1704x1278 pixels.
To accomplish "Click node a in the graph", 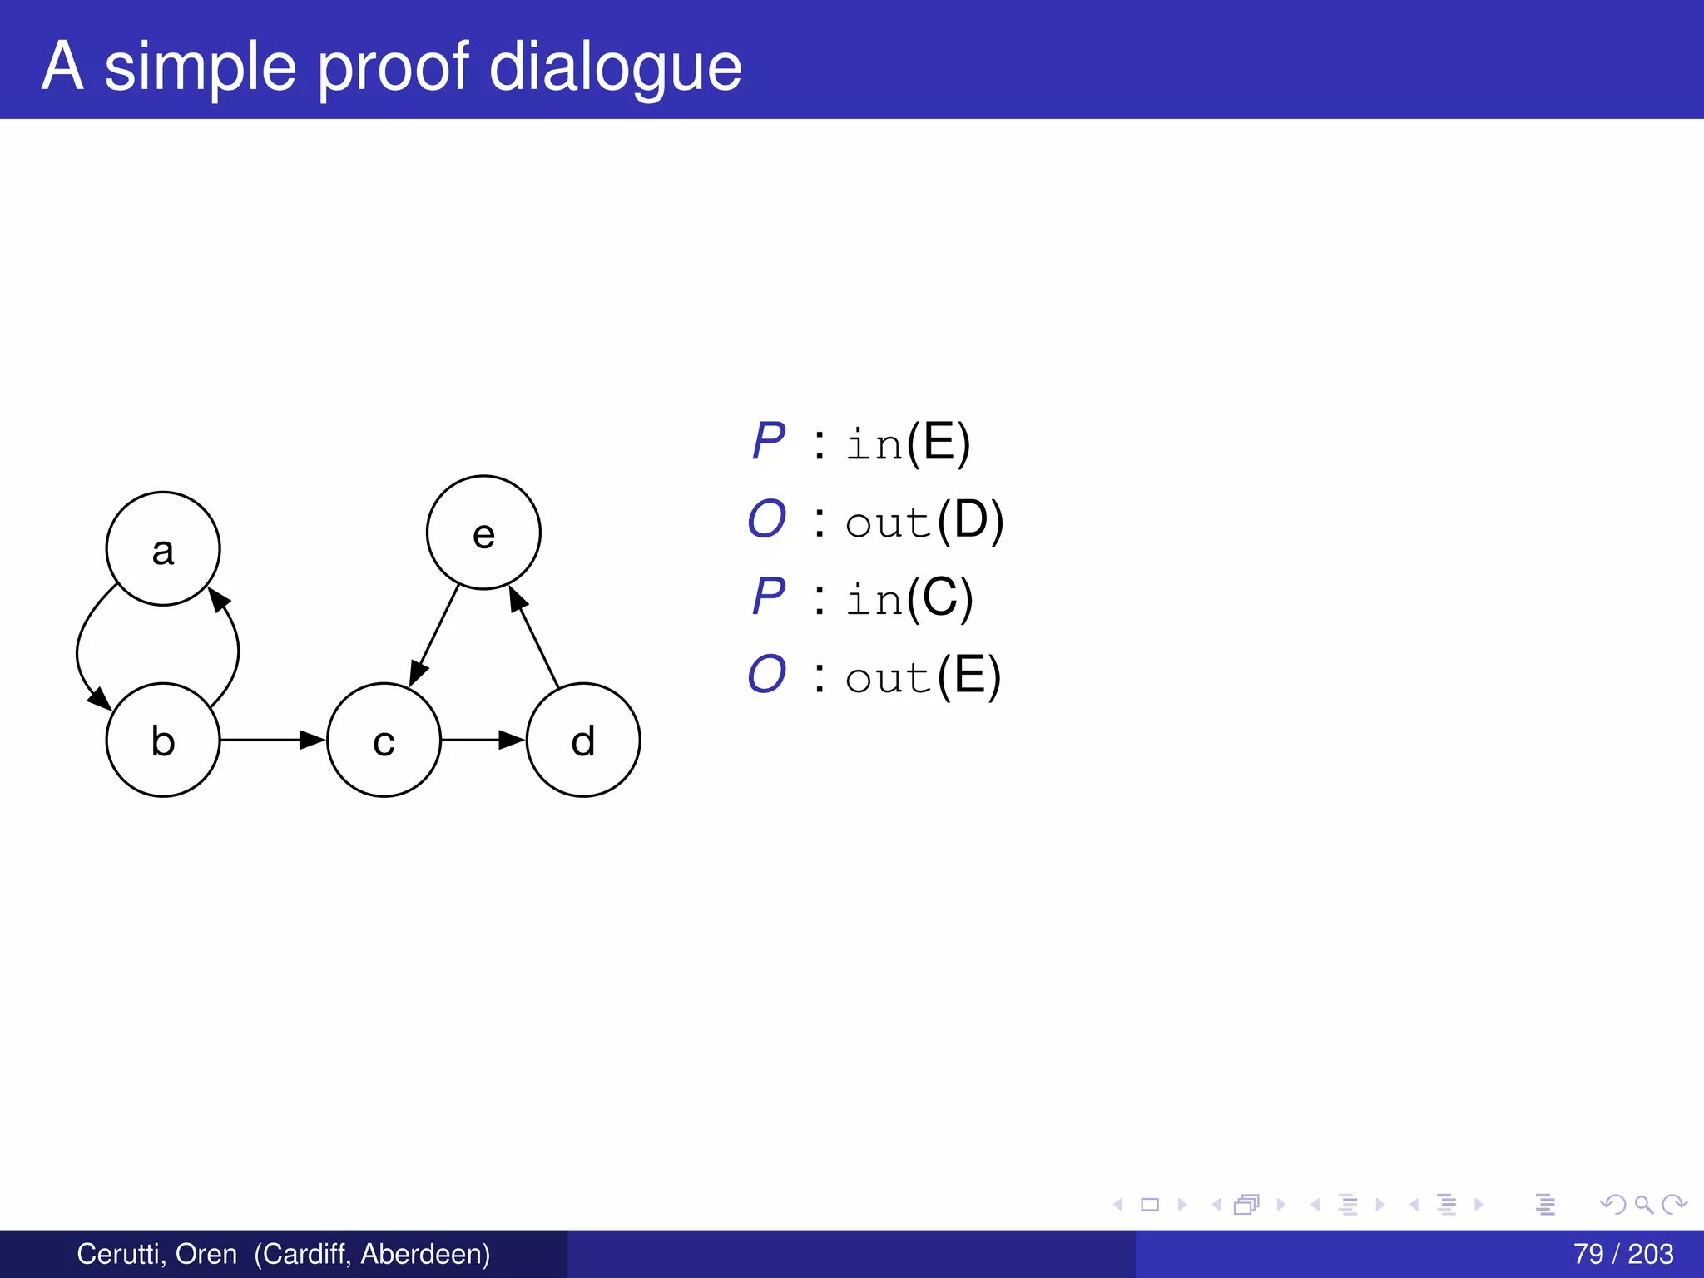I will coord(163,549).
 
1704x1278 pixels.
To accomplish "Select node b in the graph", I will coord(163,740).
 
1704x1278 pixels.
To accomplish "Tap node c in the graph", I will coord(384,740).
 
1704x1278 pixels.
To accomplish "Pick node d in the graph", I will coord(583,740).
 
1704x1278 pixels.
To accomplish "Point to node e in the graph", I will coord(483,532).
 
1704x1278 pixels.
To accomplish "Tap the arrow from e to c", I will coord(434,637).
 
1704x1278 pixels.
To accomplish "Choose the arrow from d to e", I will coord(534,637).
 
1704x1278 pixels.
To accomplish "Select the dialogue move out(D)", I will coord(924,520).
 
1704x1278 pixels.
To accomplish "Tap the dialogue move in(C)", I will coord(909,597).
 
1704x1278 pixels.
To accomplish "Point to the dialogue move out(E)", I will coord(922,675).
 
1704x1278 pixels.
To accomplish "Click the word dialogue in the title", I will coord(615,67).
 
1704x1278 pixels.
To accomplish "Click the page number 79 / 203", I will coord(1622,1254).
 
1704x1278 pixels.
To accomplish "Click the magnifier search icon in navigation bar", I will coord(1643,1204).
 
